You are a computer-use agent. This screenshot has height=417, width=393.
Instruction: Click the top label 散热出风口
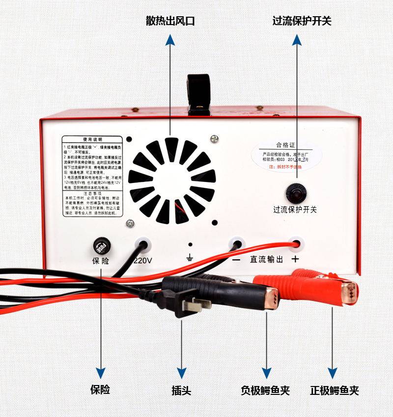[170, 21]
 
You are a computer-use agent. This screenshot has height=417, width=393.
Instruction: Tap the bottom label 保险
[100, 390]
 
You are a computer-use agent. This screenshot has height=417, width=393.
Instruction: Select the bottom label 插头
[181, 390]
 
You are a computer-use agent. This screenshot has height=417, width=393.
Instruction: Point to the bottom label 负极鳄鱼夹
[265, 390]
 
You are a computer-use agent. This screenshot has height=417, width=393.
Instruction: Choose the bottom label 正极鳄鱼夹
[334, 390]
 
